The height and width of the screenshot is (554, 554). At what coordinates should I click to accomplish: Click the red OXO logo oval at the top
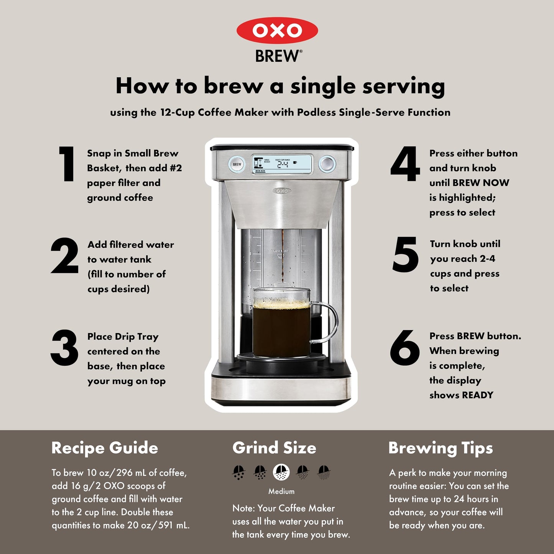pos(277,30)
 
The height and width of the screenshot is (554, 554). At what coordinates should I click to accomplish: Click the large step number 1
pos(67,164)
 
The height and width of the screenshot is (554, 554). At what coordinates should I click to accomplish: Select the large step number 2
pos(65,255)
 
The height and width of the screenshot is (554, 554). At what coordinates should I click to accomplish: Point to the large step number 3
pos(64,348)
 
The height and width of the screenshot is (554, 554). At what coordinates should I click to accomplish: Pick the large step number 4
pos(405,164)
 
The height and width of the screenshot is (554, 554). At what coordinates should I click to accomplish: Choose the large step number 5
pos(405,255)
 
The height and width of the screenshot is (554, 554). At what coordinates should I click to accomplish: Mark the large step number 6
pos(405,348)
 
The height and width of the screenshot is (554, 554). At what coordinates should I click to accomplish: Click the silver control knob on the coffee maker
pos(327,164)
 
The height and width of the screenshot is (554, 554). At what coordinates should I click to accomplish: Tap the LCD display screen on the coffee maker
pos(282,164)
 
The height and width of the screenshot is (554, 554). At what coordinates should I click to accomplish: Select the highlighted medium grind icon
pos(281,472)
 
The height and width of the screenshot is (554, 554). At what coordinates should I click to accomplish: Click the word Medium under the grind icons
pos(281,492)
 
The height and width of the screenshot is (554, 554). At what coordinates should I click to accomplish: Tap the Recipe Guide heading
pos(105,448)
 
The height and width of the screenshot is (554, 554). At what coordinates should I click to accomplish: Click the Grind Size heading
pos(274,448)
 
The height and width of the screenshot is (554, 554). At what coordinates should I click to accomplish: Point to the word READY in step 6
pos(478,395)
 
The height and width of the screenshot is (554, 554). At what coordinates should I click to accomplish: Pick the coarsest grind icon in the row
pos(238,472)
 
